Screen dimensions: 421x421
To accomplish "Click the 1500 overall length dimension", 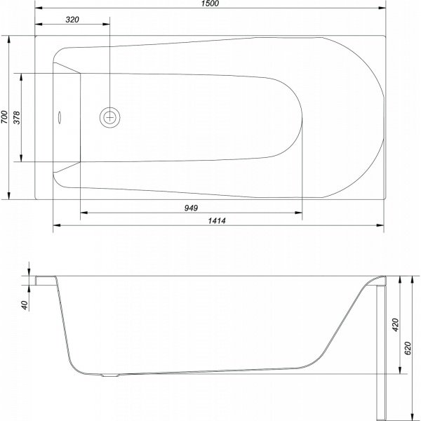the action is (x=211, y=4).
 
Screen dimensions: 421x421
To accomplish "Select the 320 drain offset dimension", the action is (x=72, y=20).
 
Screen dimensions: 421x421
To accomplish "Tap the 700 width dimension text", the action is (x=4, y=117).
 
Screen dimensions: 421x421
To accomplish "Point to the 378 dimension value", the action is (x=17, y=117).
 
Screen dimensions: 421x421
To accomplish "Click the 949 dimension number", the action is (x=191, y=208).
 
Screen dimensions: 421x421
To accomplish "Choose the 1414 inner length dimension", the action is (x=217, y=221).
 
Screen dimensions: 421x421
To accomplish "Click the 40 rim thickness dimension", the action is (x=25, y=305).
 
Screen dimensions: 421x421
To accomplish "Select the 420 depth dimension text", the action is (x=396, y=325).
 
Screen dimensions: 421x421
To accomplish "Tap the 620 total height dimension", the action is (x=408, y=348).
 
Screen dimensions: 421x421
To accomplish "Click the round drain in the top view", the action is (x=110, y=117).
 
